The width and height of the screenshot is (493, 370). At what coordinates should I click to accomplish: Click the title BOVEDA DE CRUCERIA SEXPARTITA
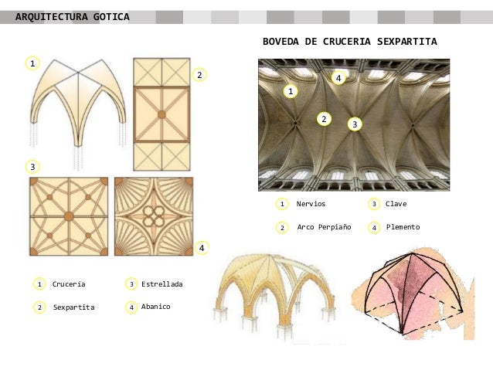pos(349,41)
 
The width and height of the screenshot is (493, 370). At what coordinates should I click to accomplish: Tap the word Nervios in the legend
pos(311,204)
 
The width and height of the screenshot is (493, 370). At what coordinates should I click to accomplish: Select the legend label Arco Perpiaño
pos(324,227)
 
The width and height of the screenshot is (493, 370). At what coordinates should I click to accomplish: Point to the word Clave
pos(396,204)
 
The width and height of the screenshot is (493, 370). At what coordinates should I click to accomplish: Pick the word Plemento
pos(403,227)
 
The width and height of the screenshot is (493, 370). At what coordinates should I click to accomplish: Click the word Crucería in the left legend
pos(69,284)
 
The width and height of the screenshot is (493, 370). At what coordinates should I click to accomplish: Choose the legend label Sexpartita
pos(73,307)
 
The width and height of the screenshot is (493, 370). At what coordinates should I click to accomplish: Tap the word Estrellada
pos(161,284)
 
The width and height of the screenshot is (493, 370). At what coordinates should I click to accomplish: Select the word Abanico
pos(155,307)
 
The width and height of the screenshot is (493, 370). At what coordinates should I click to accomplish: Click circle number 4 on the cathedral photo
pos(337,78)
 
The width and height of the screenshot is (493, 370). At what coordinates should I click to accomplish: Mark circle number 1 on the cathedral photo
pos(291,92)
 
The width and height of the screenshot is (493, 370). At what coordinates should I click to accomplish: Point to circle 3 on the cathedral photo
pos(354,124)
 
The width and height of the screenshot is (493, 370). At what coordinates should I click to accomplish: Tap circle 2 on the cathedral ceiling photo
pos(324,118)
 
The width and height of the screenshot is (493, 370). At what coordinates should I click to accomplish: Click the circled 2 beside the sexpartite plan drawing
pos(199,75)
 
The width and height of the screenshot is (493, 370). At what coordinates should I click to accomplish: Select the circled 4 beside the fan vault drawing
pos(201,248)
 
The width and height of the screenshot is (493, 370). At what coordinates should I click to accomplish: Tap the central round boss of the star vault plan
pos(68,216)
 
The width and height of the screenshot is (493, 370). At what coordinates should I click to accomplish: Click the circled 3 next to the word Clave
pos(374,204)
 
